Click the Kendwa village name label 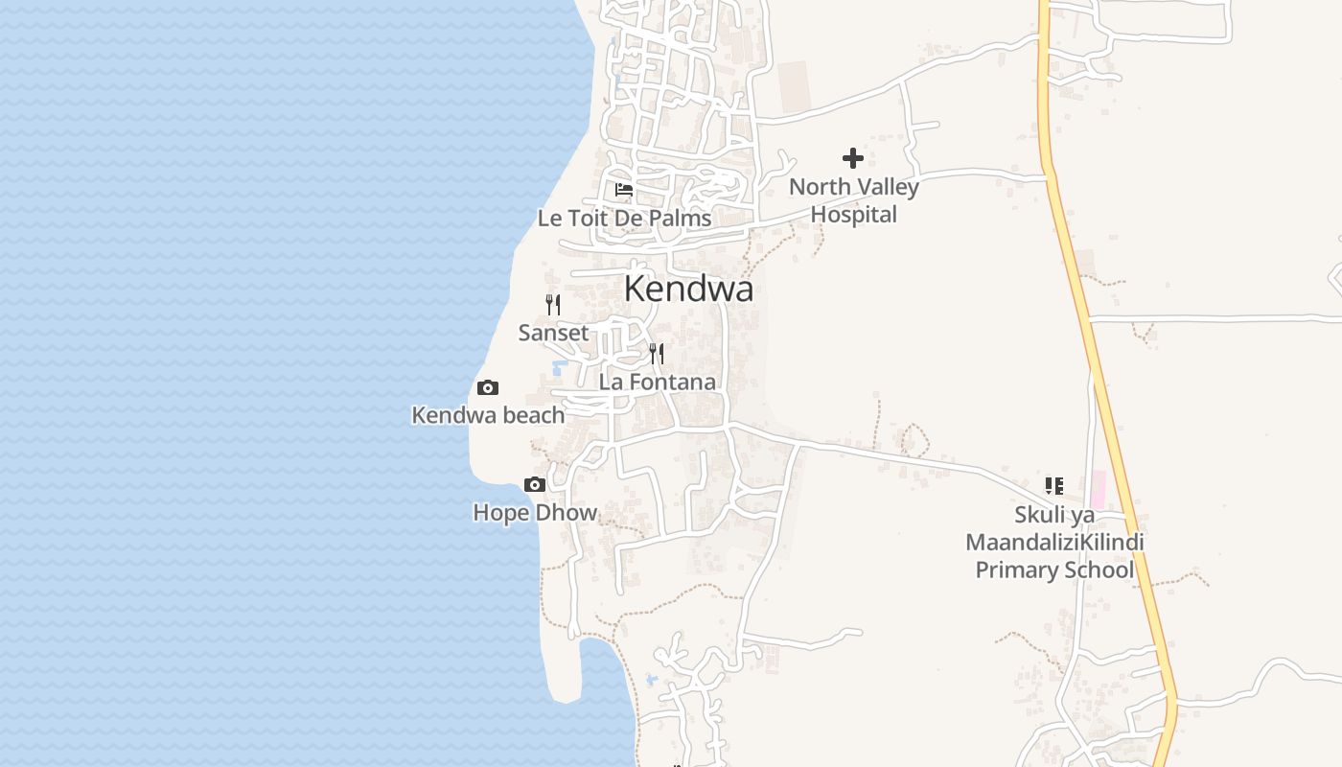point(688,289)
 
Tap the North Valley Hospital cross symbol point(852,158)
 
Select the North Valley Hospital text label point(853,200)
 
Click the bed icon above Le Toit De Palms point(624,190)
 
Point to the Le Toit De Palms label point(624,219)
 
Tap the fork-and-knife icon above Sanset point(553,305)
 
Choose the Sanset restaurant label point(553,334)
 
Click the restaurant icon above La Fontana point(657,354)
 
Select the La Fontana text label point(657,382)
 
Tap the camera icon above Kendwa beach point(488,388)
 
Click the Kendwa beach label point(488,415)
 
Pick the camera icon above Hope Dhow point(535,485)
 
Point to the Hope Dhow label point(535,513)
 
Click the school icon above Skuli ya point(1054,486)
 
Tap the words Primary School point(1054,570)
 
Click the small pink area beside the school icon point(1098,488)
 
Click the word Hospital point(853,215)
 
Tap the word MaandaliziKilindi point(1054,543)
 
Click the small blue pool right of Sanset point(560,367)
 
